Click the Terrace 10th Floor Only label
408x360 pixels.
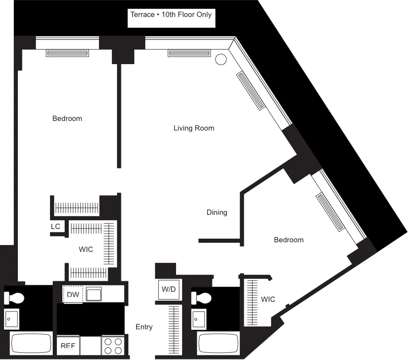(171, 15)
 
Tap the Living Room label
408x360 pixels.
(193, 128)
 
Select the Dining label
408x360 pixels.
(216, 213)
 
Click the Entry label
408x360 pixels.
(144, 327)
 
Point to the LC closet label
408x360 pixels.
(55, 227)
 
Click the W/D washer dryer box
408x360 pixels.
(167, 289)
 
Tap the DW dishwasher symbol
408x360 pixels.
(73, 295)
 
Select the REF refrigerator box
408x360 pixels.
(68, 346)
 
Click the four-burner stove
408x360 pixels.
(113, 346)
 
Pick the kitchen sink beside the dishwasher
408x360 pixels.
(94, 294)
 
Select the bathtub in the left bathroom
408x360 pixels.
(31, 343)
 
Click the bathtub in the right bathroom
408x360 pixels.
(218, 343)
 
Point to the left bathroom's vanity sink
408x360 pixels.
(11, 318)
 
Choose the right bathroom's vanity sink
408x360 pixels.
(199, 318)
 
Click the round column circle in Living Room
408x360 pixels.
(221, 59)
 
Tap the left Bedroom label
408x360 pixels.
(67, 119)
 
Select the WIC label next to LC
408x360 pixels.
(86, 250)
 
